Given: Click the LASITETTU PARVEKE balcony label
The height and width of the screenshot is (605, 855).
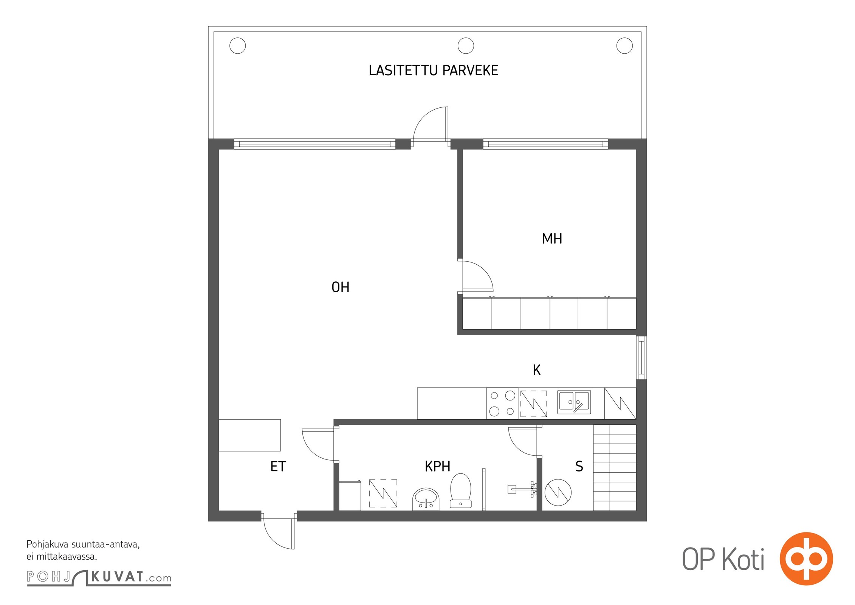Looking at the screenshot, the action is click(x=433, y=71).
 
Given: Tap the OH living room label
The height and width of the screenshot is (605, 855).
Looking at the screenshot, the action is click(x=340, y=287).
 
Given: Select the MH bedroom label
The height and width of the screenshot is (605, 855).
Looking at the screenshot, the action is click(x=552, y=239).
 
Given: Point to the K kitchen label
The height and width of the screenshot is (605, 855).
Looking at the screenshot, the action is click(x=537, y=370).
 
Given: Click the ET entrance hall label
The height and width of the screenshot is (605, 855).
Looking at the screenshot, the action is click(x=278, y=467).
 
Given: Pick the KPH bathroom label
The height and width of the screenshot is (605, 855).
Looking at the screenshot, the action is click(x=437, y=467).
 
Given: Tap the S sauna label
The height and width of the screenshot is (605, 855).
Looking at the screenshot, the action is click(x=579, y=467).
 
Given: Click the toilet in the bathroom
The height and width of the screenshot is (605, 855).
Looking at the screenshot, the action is click(x=460, y=490).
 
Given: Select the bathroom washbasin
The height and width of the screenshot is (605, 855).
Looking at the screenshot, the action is click(x=426, y=499).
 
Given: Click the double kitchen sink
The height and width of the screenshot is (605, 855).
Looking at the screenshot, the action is click(x=574, y=402).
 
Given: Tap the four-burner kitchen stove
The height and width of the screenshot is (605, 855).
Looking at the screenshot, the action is click(x=502, y=403).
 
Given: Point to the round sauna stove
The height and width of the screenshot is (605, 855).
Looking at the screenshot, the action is click(x=558, y=492).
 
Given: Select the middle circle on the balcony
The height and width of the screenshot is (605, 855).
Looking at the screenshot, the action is click(x=466, y=46).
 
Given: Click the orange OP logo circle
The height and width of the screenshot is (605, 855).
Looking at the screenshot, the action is click(x=806, y=558).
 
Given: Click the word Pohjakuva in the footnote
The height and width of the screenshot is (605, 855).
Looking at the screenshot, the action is click(x=47, y=545).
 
